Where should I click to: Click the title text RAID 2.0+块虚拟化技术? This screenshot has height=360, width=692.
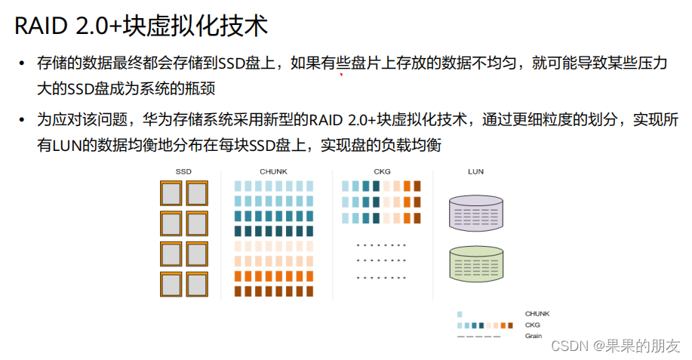pyautogui.click(x=140, y=26)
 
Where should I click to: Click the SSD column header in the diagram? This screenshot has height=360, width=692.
pyautogui.click(x=183, y=172)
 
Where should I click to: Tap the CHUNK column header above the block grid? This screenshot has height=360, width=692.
pyautogui.click(x=273, y=172)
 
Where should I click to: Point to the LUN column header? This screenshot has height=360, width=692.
pyautogui.click(x=475, y=172)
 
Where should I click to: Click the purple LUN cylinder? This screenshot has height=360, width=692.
pyautogui.click(x=475, y=212)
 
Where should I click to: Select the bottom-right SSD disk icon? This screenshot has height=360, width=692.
pyautogui.click(x=197, y=284)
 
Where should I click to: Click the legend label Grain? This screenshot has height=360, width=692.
pyautogui.click(x=533, y=336)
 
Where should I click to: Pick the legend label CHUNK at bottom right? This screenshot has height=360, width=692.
pyautogui.click(x=537, y=313)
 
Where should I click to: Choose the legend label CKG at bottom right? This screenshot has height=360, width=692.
pyautogui.click(x=532, y=325)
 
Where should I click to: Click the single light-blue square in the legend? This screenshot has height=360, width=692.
pyautogui.click(x=460, y=314)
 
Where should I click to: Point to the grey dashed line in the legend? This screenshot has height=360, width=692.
pyautogui.click(x=478, y=336)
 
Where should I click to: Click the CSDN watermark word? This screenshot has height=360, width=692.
pyautogui.click(x=570, y=346)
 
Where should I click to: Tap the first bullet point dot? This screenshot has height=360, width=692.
pyautogui.click(x=23, y=63)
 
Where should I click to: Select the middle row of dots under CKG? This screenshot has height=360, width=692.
pyautogui.click(x=380, y=260)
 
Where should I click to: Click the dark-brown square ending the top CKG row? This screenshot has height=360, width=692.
pyautogui.click(x=417, y=186)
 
